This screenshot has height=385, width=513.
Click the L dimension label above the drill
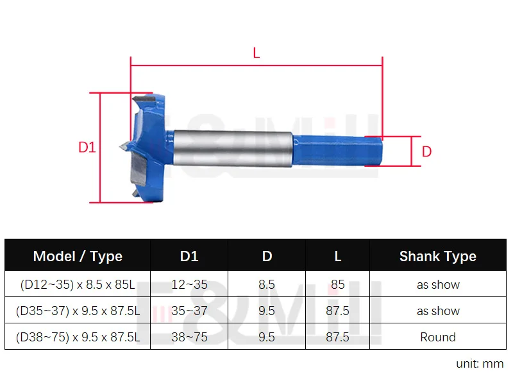(256, 54)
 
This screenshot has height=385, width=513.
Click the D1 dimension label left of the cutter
(87, 147)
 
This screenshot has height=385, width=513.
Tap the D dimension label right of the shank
(426, 152)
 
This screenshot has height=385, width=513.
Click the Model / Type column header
(78, 257)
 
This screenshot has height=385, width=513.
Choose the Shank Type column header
(437, 257)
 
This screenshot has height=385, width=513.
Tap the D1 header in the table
(189, 257)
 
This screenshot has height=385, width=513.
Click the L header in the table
(338, 257)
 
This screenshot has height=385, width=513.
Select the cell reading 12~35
(189, 285)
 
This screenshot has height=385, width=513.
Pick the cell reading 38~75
(189, 337)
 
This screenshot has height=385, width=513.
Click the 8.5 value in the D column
(267, 285)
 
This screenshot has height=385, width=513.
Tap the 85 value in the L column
(338, 285)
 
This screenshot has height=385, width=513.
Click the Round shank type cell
(437, 337)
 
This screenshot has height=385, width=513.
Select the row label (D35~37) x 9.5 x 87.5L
(78, 311)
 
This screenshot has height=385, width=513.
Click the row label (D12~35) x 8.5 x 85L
(78, 285)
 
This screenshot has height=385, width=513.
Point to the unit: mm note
(480, 364)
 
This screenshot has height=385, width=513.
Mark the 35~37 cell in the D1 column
(189, 311)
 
